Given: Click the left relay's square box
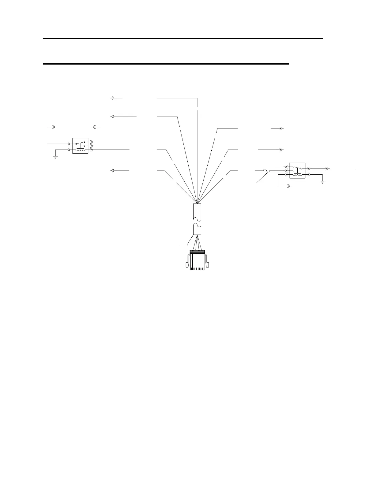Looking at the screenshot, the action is [x=80, y=146].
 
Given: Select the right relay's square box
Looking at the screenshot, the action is [x=297, y=171].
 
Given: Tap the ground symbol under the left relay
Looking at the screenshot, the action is [x=55, y=157].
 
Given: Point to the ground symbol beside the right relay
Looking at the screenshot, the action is [x=323, y=182].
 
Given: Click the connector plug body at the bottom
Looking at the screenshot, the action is [x=197, y=261].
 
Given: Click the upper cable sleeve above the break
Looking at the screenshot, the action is [x=197, y=212].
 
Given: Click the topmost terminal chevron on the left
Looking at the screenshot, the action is [x=112, y=98].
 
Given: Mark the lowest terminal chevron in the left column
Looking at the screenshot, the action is [x=112, y=170].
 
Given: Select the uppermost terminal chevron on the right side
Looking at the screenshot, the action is [x=281, y=128].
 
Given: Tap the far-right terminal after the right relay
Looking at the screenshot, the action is [x=327, y=169].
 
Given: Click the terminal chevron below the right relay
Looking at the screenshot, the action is [x=288, y=186].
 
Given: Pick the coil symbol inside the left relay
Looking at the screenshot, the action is [x=80, y=150].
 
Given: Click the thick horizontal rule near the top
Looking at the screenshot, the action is [x=166, y=64].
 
